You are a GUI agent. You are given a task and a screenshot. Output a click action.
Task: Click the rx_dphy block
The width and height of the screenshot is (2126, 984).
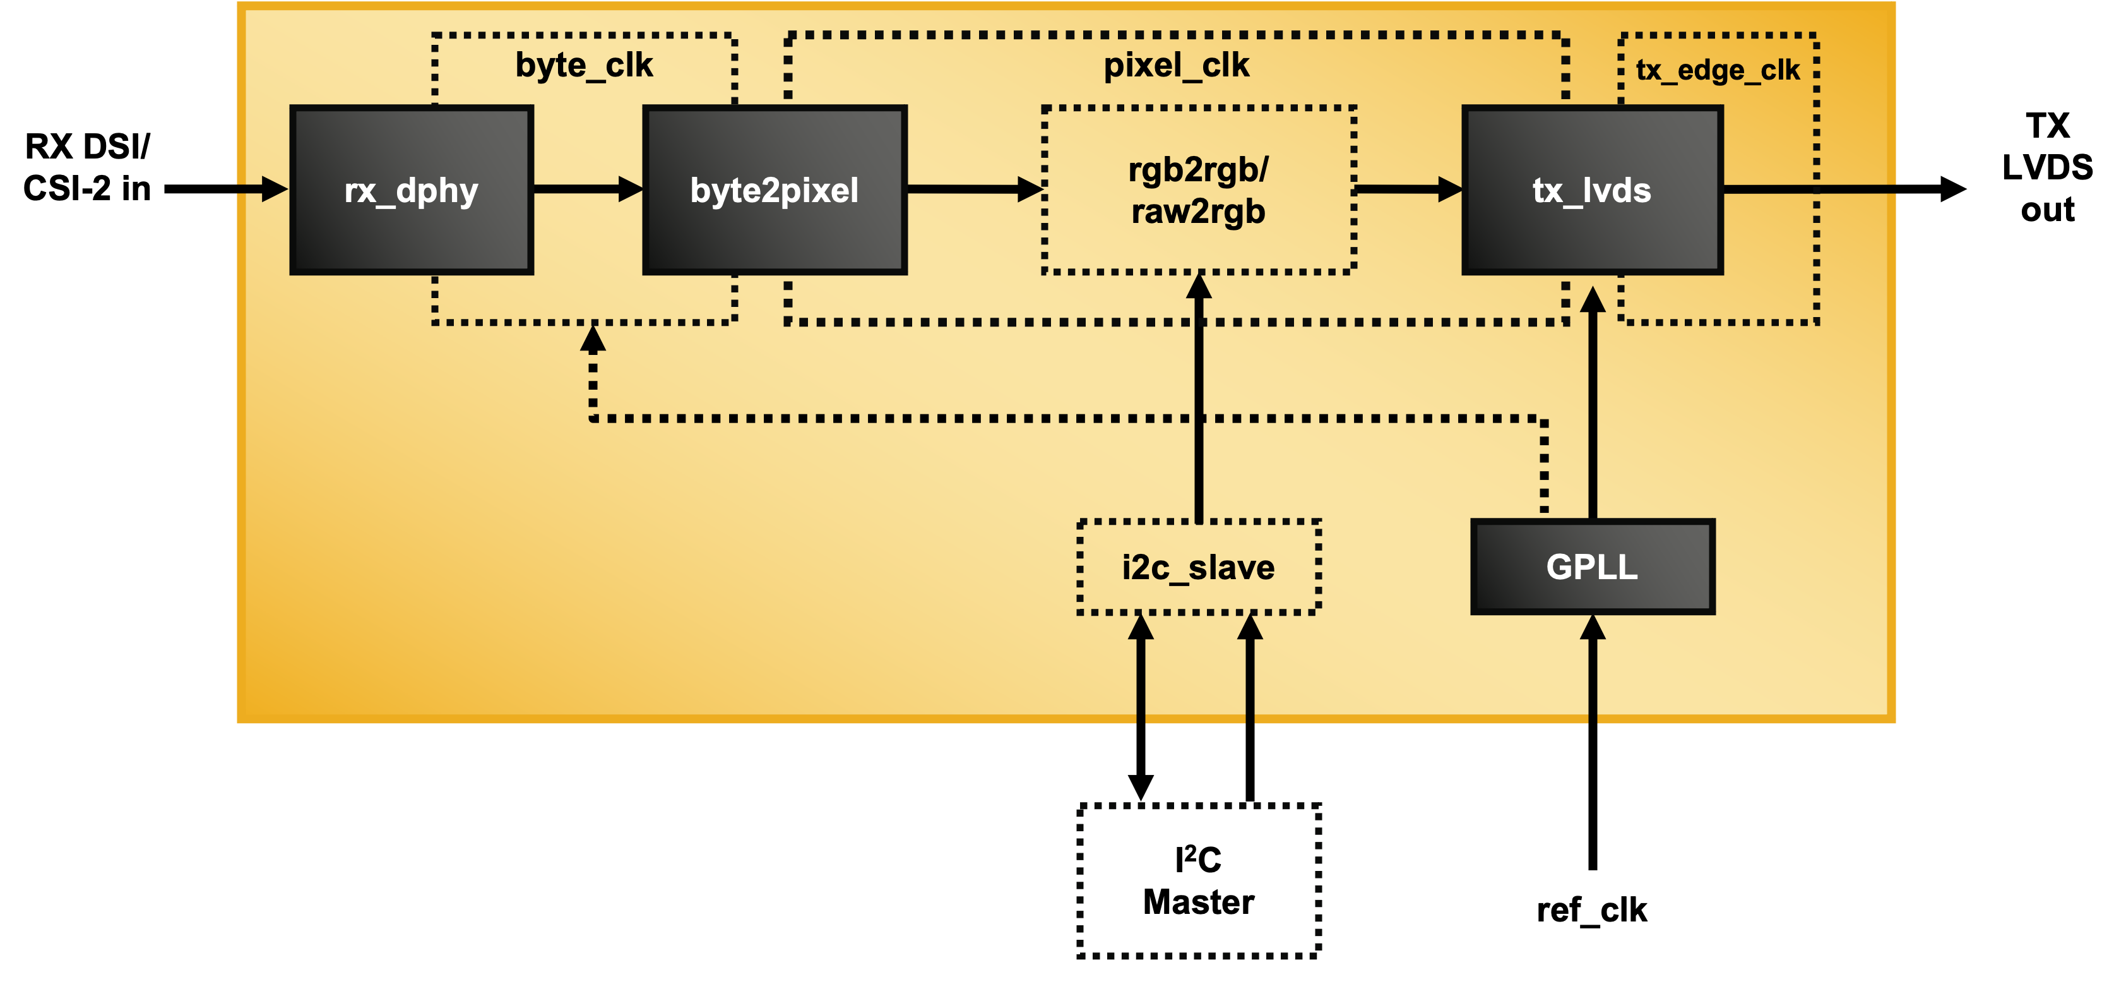point(411,190)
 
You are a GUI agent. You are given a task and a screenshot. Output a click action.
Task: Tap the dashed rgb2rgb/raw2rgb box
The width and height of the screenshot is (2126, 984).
point(1198,190)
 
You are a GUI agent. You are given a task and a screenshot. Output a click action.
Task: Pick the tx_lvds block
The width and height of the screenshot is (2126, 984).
point(1591,190)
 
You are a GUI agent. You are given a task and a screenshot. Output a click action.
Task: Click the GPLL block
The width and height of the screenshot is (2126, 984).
point(1592,567)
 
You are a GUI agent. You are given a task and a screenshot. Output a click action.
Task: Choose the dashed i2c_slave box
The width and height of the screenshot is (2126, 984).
point(1198,567)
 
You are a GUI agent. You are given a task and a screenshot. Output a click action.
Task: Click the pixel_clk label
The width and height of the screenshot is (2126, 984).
point(1176,65)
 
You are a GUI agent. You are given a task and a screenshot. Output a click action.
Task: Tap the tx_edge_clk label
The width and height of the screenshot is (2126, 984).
point(1717,70)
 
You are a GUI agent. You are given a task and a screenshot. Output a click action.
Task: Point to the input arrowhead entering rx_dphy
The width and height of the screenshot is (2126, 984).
point(274,189)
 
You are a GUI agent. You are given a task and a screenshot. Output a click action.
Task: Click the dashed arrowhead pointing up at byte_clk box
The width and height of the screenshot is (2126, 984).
point(593,339)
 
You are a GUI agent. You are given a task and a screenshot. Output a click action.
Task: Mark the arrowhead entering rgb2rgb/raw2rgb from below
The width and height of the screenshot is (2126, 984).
point(1198,287)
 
